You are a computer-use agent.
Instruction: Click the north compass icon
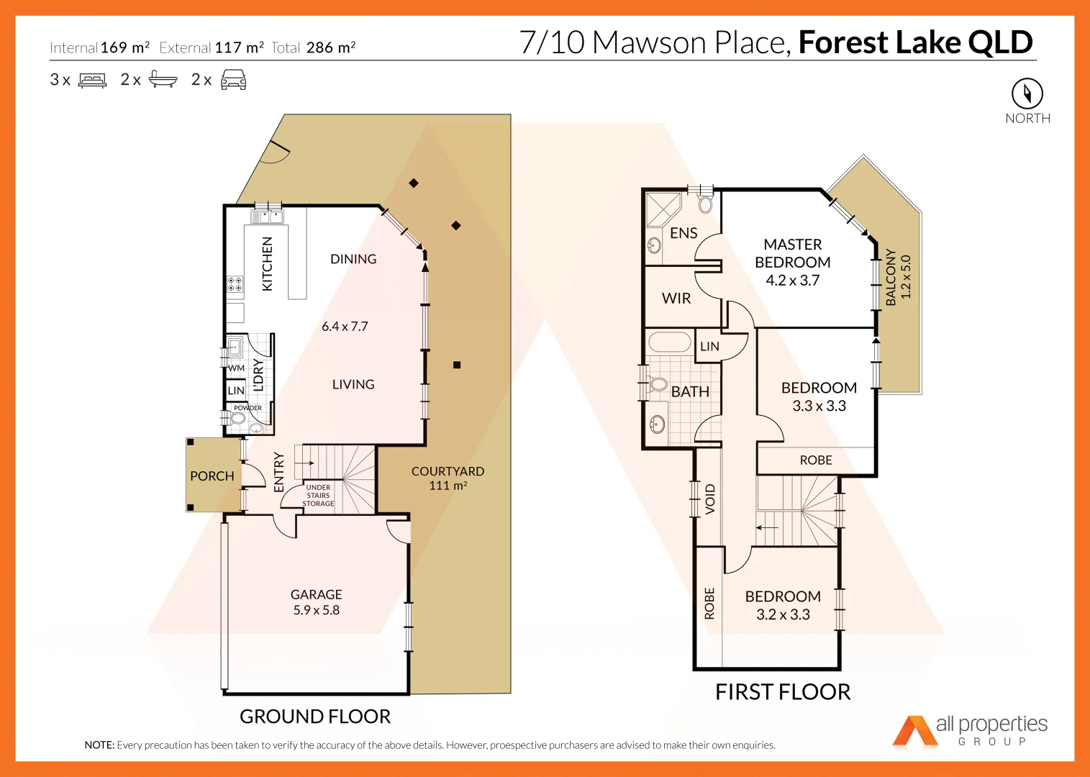(1027, 94)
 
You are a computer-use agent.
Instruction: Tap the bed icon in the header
(92, 80)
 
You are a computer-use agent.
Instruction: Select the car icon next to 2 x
(233, 80)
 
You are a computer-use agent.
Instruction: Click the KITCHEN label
(267, 263)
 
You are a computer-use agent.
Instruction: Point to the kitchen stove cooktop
(235, 283)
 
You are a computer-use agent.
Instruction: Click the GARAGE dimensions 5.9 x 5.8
(316, 610)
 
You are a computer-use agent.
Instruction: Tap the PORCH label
(212, 476)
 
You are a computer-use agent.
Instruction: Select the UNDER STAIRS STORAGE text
(318, 496)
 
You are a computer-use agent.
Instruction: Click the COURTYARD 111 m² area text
(448, 478)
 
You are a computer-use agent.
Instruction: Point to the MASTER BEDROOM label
(792, 254)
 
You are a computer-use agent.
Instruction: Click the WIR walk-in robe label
(676, 299)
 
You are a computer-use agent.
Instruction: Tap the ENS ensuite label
(683, 233)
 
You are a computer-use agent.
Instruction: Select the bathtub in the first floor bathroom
(670, 342)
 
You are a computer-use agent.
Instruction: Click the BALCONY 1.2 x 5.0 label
(898, 277)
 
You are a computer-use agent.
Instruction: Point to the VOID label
(710, 499)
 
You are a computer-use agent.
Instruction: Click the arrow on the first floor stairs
(767, 527)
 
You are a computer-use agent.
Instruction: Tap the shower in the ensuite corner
(662, 209)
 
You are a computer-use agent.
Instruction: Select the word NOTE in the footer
(99, 745)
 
